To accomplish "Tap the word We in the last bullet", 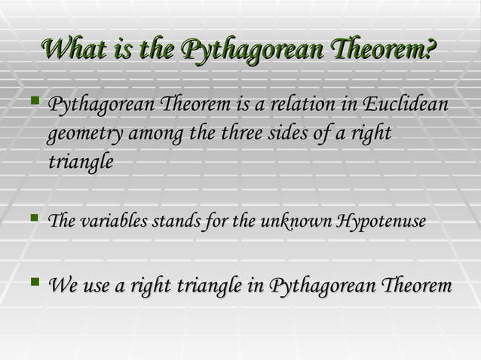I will pyautogui.click(x=61, y=287).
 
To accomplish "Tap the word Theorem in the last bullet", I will pyautogui.click(x=416, y=287).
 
